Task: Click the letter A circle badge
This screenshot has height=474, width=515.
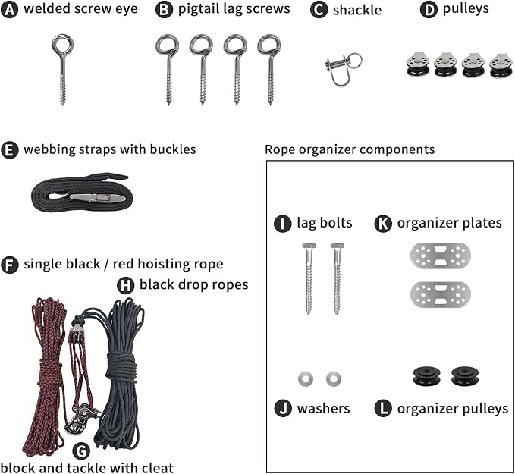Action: click(x=10, y=10)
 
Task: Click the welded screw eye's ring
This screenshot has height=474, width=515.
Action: click(x=63, y=37)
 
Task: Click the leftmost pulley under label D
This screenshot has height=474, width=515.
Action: click(x=418, y=65)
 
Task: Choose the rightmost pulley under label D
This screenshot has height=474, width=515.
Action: click(x=501, y=65)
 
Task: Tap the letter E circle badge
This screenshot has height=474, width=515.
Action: click(x=10, y=150)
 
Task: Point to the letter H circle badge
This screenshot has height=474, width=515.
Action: click(x=125, y=285)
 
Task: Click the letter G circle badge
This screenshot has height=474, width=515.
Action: click(x=81, y=450)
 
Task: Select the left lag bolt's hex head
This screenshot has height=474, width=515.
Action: click(x=309, y=246)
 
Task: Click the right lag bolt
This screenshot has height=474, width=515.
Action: click(x=338, y=278)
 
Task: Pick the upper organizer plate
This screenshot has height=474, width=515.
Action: click(x=441, y=256)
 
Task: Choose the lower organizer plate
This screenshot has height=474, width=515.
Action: click(x=441, y=295)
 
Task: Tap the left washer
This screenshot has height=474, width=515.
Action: click(x=306, y=378)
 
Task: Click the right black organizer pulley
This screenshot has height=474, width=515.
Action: click(x=465, y=375)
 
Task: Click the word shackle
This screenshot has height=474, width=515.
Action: click(x=357, y=10)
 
